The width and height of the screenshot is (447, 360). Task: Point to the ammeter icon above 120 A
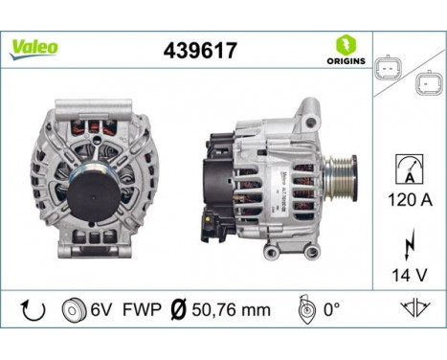pos(408,170)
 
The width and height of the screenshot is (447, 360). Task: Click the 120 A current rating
pos(409,201)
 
